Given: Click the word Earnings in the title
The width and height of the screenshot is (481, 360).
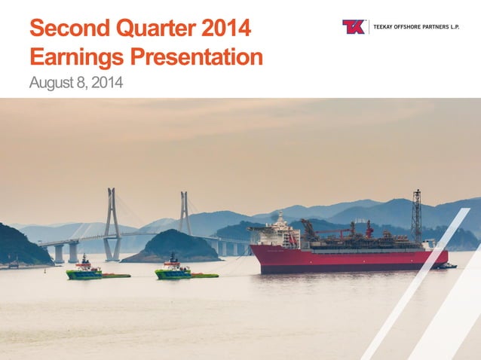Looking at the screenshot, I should click(75, 57).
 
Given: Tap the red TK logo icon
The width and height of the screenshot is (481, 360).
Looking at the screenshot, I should click(354, 27).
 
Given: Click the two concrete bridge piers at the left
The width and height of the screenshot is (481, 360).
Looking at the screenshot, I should click(66, 252).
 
